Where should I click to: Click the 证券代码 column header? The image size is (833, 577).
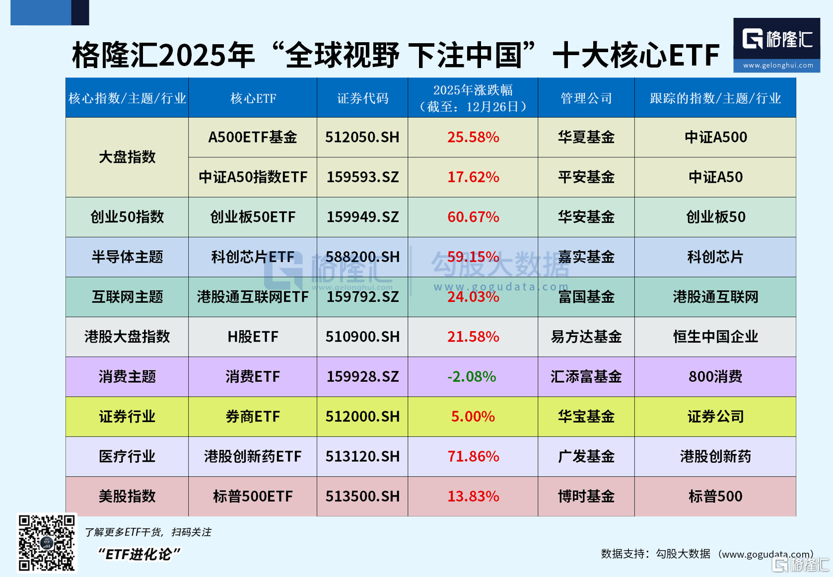click(x=362, y=98)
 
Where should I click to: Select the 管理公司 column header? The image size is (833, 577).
click(x=586, y=98)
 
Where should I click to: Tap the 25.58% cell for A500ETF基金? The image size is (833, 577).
click(x=473, y=138)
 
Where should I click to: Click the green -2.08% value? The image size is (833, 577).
click(x=472, y=377)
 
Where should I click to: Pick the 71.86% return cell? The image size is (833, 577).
click(x=473, y=456)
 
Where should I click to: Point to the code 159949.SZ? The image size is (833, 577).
click(x=362, y=217)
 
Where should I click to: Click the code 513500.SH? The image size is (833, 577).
click(x=362, y=496)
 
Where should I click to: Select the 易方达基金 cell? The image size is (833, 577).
click(x=586, y=337)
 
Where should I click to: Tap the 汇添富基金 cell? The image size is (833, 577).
click(x=586, y=377)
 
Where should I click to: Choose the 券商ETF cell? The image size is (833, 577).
click(x=253, y=417)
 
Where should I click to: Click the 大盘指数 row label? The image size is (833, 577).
click(x=127, y=157)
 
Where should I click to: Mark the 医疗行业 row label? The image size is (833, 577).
click(x=127, y=456)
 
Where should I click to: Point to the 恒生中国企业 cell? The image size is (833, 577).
click(x=715, y=337)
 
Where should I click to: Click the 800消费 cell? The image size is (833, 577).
click(x=715, y=377)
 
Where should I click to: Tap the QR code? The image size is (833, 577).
click(x=47, y=543)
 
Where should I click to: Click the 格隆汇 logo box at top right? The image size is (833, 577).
click(x=776, y=45)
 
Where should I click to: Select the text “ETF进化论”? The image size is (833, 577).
click(x=139, y=554)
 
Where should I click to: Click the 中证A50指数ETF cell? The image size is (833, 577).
click(x=253, y=177)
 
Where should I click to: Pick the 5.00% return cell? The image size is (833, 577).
click(x=473, y=417)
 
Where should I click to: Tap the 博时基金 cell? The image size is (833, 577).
click(x=586, y=496)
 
